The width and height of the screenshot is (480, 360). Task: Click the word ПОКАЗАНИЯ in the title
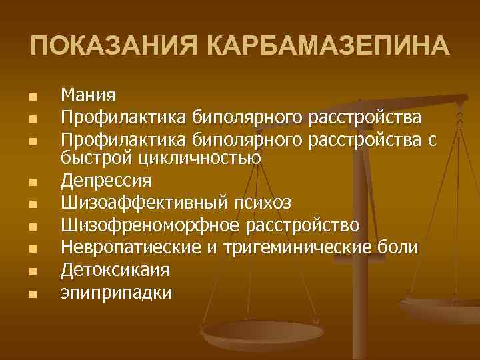(114, 47)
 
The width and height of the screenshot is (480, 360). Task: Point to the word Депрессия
(107, 180)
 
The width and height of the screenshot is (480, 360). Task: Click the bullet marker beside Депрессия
(31, 181)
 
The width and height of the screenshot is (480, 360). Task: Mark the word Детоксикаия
(115, 269)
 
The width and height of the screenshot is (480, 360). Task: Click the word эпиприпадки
(117, 293)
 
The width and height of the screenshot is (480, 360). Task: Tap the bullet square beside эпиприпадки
(31, 293)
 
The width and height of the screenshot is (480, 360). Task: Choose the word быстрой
(95, 158)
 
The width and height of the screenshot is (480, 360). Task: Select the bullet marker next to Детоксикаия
(31, 271)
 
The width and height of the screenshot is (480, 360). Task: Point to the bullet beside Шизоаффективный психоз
(31, 203)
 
